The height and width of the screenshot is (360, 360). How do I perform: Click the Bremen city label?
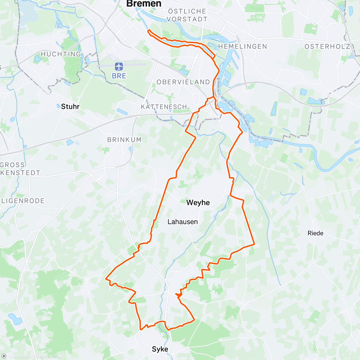pyautogui.click(x=144, y=4)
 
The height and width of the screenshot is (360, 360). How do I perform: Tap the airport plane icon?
pyautogui.click(x=119, y=66)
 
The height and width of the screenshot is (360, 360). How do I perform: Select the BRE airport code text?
pyautogui.click(x=119, y=76)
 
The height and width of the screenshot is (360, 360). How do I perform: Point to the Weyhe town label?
pyautogui.click(x=198, y=202)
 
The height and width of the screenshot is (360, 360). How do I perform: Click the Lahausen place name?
pyautogui.click(x=182, y=222)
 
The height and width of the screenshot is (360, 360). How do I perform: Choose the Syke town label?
pyautogui.click(x=160, y=349)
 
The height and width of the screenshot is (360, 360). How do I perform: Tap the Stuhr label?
pyautogui.click(x=70, y=106)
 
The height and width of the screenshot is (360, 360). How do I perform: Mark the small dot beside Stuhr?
pyautogui.click(x=58, y=106)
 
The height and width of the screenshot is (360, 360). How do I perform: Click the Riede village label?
pyautogui.click(x=315, y=233)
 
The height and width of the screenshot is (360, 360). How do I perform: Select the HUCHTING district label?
pyautogui.click(x=61, y=54)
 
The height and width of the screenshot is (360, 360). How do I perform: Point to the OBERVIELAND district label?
pyautogui.click(x=183, y=82)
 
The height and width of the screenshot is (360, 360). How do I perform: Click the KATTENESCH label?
pyautogui.click(x=164, y=107)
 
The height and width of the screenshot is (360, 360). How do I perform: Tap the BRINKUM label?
pyautogui.click(x=124, y=139)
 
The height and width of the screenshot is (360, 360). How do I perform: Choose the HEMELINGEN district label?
pyautogui.click(x=242, y=46)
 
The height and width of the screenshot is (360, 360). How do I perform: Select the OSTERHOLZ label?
pyautogui.click(x=327, y=46)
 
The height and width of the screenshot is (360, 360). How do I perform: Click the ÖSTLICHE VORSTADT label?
pyautogui.click(x=187, y=15)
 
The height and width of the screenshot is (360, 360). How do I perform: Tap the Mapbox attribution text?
pyautogui.click(x=20, y=356)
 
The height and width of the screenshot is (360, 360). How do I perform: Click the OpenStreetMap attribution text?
pyautogui.click(x=48, y=356)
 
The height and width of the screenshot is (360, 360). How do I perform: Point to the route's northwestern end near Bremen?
pyautogui.click(x=148, y=30)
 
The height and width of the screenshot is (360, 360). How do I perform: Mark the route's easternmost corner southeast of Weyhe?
pyautogui.click(x=254, y=244)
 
